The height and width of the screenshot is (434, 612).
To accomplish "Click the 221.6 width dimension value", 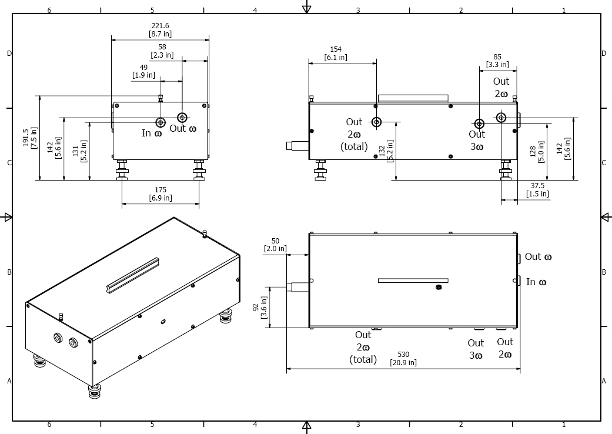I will (x=160, y=26).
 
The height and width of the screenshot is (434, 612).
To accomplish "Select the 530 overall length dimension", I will (x=403, y=355).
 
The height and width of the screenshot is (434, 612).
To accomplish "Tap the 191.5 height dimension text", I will (x=25, y=138).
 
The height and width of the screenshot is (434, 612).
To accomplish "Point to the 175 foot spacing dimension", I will (x=160, y=190).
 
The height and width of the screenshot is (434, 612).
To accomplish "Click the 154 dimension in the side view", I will (x=336, y=49).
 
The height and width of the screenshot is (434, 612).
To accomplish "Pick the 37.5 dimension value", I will (x=537, y=186).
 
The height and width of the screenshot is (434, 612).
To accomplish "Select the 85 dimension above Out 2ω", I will (x=498, y=57).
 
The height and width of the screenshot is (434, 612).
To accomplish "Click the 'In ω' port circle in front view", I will (x=160, y=122).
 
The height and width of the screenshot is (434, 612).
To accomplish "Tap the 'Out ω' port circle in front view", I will (x=182, y=117).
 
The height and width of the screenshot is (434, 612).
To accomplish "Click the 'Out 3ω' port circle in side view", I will (x=479, y=123).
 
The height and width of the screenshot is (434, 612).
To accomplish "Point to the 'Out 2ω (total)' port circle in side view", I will (x=376, y=122).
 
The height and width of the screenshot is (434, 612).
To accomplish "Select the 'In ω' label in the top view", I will (x=536, y=282).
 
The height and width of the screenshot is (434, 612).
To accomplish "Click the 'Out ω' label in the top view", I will (x=538, y=257).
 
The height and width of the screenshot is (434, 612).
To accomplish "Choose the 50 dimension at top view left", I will (x=275, y=241).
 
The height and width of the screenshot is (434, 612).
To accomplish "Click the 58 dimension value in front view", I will (x=162, y=47).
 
